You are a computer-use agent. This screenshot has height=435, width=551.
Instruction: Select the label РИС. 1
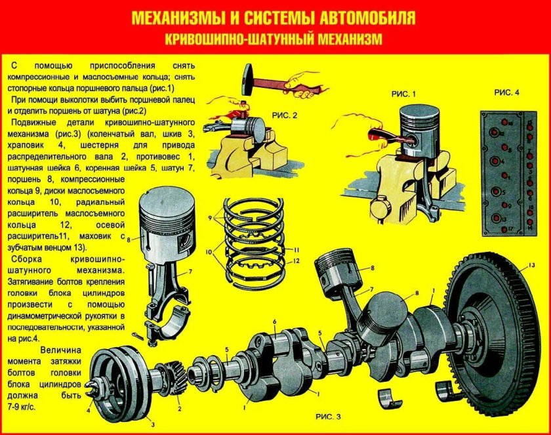[x=404, y=94]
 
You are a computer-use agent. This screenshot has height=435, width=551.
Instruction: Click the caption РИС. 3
[x=328, y=417]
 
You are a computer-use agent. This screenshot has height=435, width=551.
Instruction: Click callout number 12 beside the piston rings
[x=296, y=261]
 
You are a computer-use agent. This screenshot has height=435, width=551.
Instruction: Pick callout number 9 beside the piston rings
[x=211, y=217]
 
